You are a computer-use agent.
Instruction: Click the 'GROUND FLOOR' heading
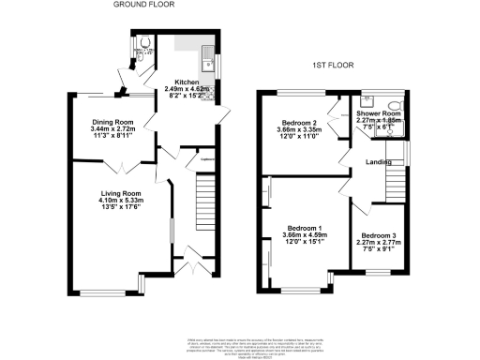(145, 5)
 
